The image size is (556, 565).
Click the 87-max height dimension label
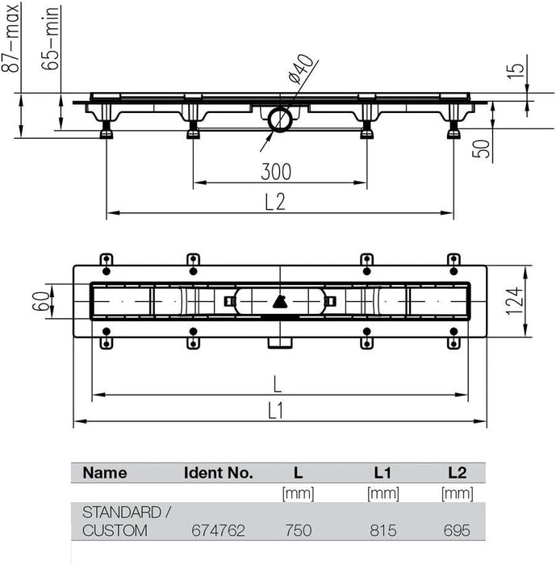click(x=10, y=38)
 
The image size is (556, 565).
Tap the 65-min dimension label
click(x=50, y=38)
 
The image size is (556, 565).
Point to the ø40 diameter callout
click(x=301, y=68)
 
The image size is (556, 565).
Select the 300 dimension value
click(x=276, y=172)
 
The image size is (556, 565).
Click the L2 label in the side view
click(x=275, y=202)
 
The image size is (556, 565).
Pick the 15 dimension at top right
click(x=516, y=71)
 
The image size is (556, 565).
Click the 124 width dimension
click(x=514, y=301)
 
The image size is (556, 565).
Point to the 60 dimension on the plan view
click(x=40, y=301)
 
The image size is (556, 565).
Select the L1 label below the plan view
click(x=276, y=410)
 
